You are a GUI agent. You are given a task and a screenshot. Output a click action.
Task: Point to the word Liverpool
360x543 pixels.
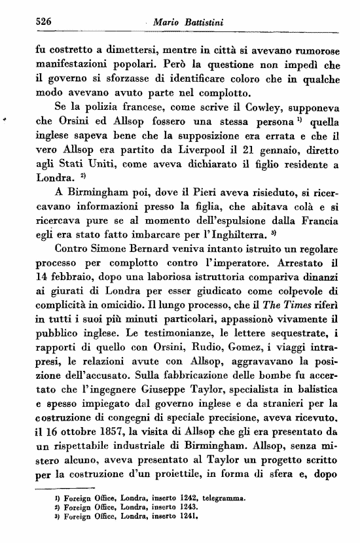185,152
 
